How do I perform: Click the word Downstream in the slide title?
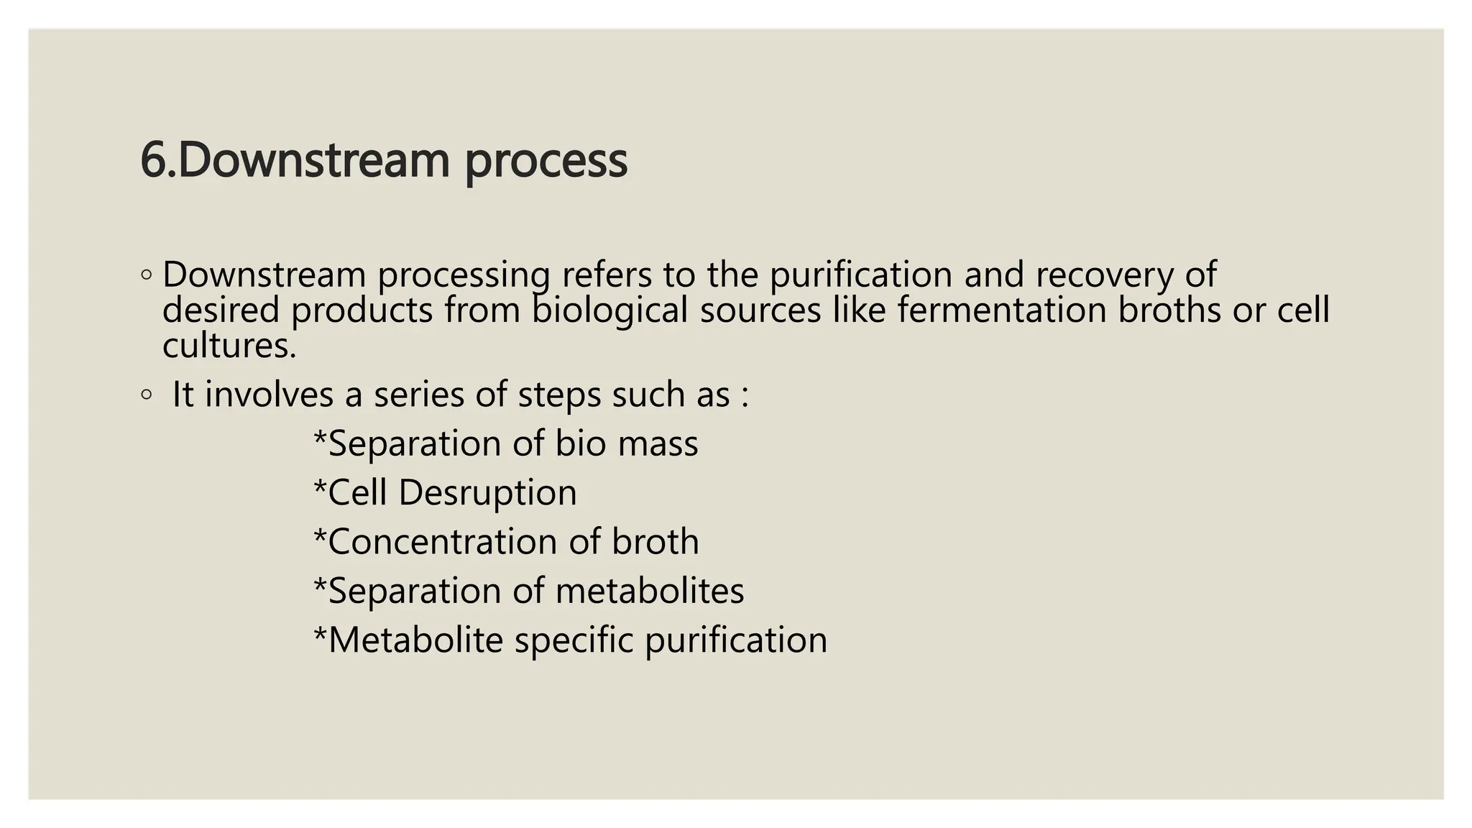(x=313, y=160)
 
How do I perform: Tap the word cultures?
(x=229, y=346)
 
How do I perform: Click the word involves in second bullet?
(x=270, y=395)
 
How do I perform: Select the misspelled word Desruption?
(x=487, y=494)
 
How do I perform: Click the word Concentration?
(x=443, y=542)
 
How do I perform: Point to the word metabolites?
(x=650, y=591)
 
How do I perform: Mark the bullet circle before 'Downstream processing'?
(x=147, y=275)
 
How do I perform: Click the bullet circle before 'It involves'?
(x=147, y=395)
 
